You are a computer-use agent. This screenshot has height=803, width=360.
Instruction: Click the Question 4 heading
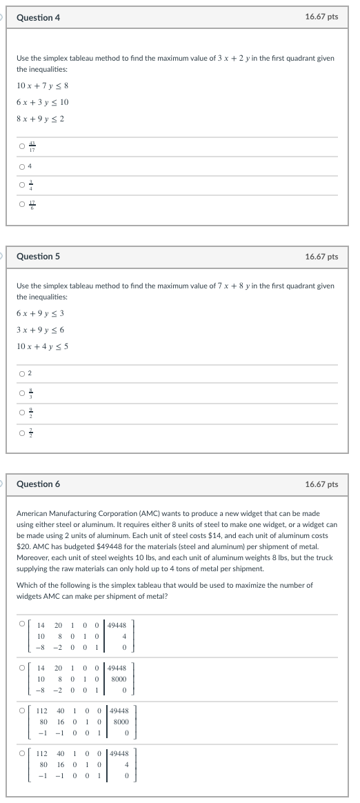38,17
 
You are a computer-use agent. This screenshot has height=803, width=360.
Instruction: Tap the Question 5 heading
38,257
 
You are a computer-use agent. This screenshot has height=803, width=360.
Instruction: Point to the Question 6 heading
38,484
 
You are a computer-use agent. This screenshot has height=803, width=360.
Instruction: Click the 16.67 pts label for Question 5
321,257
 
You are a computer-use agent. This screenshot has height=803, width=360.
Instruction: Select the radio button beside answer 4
22,166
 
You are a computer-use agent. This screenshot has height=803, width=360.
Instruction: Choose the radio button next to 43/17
22,146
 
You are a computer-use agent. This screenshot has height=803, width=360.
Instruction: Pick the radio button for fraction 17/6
22,204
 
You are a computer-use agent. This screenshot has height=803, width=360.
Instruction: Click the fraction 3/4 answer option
30,184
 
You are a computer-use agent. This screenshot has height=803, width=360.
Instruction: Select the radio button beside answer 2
22,374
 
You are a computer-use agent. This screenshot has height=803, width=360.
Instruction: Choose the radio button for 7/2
22,433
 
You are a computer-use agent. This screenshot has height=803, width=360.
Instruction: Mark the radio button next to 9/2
22,413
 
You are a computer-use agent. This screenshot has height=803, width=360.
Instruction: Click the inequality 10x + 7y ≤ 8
42,86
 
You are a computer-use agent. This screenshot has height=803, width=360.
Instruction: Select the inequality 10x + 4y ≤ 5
42,346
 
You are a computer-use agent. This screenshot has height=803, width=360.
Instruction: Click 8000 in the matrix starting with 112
121,719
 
